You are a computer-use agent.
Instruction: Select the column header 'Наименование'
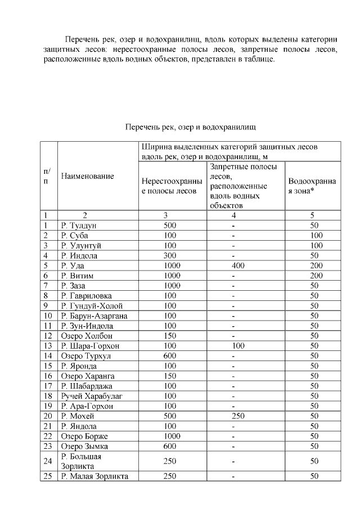click(x=87, y=176)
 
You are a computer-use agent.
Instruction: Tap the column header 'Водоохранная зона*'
click(x=312, y=186)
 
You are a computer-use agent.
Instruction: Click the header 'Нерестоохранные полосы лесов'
click(x=172, y=186)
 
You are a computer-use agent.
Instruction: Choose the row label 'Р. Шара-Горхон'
click(x=89, y=346)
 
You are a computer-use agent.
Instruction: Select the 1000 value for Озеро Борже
click(x=170, y=436)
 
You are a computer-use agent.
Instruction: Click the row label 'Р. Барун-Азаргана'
click(x=94, y=316)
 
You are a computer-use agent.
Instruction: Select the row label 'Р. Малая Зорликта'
click(x=94, y=476)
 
